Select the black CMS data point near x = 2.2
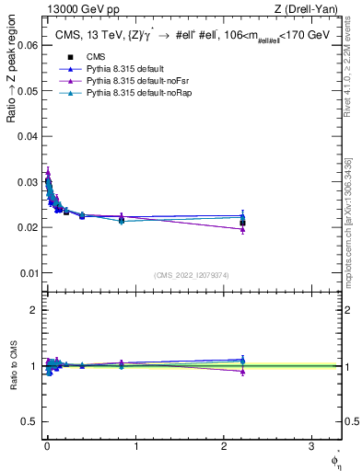click(242, 223)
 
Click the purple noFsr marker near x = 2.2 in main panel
click(242, 228)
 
